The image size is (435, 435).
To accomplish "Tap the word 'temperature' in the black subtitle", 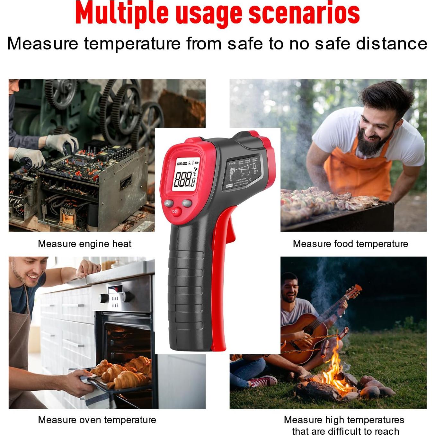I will coord(132,43).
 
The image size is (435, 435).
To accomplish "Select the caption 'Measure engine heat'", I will coord(84,244).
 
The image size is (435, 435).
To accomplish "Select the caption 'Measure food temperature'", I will coord(350,244).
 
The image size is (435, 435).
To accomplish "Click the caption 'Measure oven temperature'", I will coord(97,420).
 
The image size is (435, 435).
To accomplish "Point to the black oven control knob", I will coord(104,298).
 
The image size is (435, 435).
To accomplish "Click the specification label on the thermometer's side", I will coord(244,173).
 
